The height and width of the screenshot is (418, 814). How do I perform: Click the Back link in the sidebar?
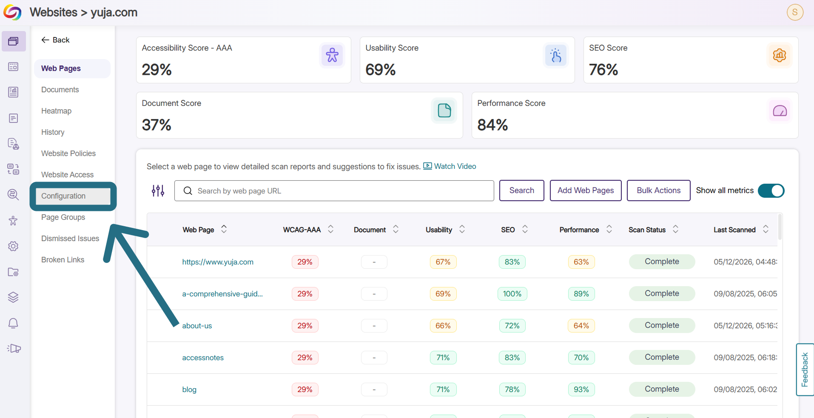point(55,40)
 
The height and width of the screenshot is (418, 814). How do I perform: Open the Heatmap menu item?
point(57,111)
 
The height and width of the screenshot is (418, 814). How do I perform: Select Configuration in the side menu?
point(63,196)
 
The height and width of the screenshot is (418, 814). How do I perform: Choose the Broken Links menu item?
point(63,260)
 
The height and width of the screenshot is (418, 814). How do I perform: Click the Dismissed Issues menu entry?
point(70,239)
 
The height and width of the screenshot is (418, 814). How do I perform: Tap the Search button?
point(522,191)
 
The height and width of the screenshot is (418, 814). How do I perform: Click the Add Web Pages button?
point(586,191)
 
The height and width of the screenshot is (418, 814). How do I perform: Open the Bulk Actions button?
point(658,191)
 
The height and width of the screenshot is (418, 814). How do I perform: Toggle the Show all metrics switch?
point(771,191)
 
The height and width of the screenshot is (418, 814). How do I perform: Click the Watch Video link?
point(450,166)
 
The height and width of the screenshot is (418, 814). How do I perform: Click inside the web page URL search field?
point(334,191)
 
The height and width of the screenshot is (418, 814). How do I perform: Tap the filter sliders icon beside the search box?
point(158,191)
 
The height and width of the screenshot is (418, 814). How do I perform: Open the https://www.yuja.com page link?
point(218,262)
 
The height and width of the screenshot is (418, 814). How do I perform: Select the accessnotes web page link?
point(203,358)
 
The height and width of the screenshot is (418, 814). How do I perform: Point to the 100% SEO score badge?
point(512,294)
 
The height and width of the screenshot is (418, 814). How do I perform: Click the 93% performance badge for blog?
point(581,390)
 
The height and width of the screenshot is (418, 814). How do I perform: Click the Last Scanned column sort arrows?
point(766,229)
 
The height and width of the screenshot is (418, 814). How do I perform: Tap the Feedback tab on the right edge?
point(805,370)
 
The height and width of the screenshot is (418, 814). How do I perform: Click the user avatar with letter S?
point(795,12)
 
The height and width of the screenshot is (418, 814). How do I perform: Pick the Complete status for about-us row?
point(662,325)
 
